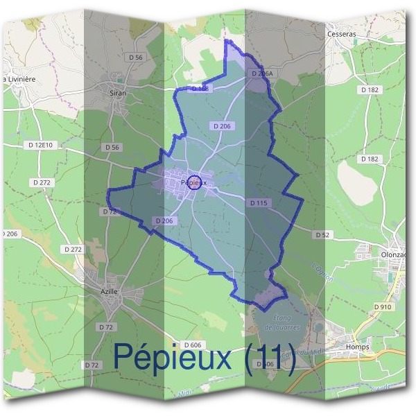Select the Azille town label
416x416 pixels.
tap(109, 292)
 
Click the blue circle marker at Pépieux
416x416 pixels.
tap(195, 183)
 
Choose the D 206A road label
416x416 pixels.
tap(263, 73)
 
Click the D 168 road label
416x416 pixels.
tap(200, 89)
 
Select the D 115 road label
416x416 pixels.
tap(257, 202)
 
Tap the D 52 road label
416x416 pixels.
tap(323, 235)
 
